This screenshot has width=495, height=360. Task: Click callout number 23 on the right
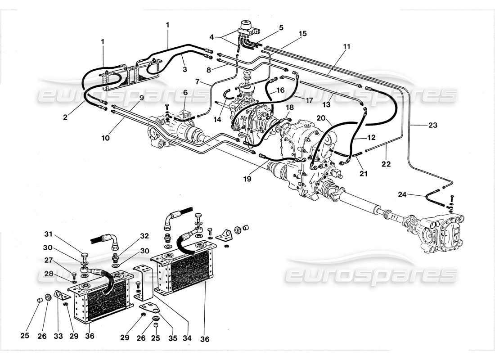433,126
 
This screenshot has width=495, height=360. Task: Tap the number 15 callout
302,34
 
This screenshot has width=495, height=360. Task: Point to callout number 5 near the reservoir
281,27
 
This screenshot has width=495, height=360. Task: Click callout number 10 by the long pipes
105,139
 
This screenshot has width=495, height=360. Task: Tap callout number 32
144,235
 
